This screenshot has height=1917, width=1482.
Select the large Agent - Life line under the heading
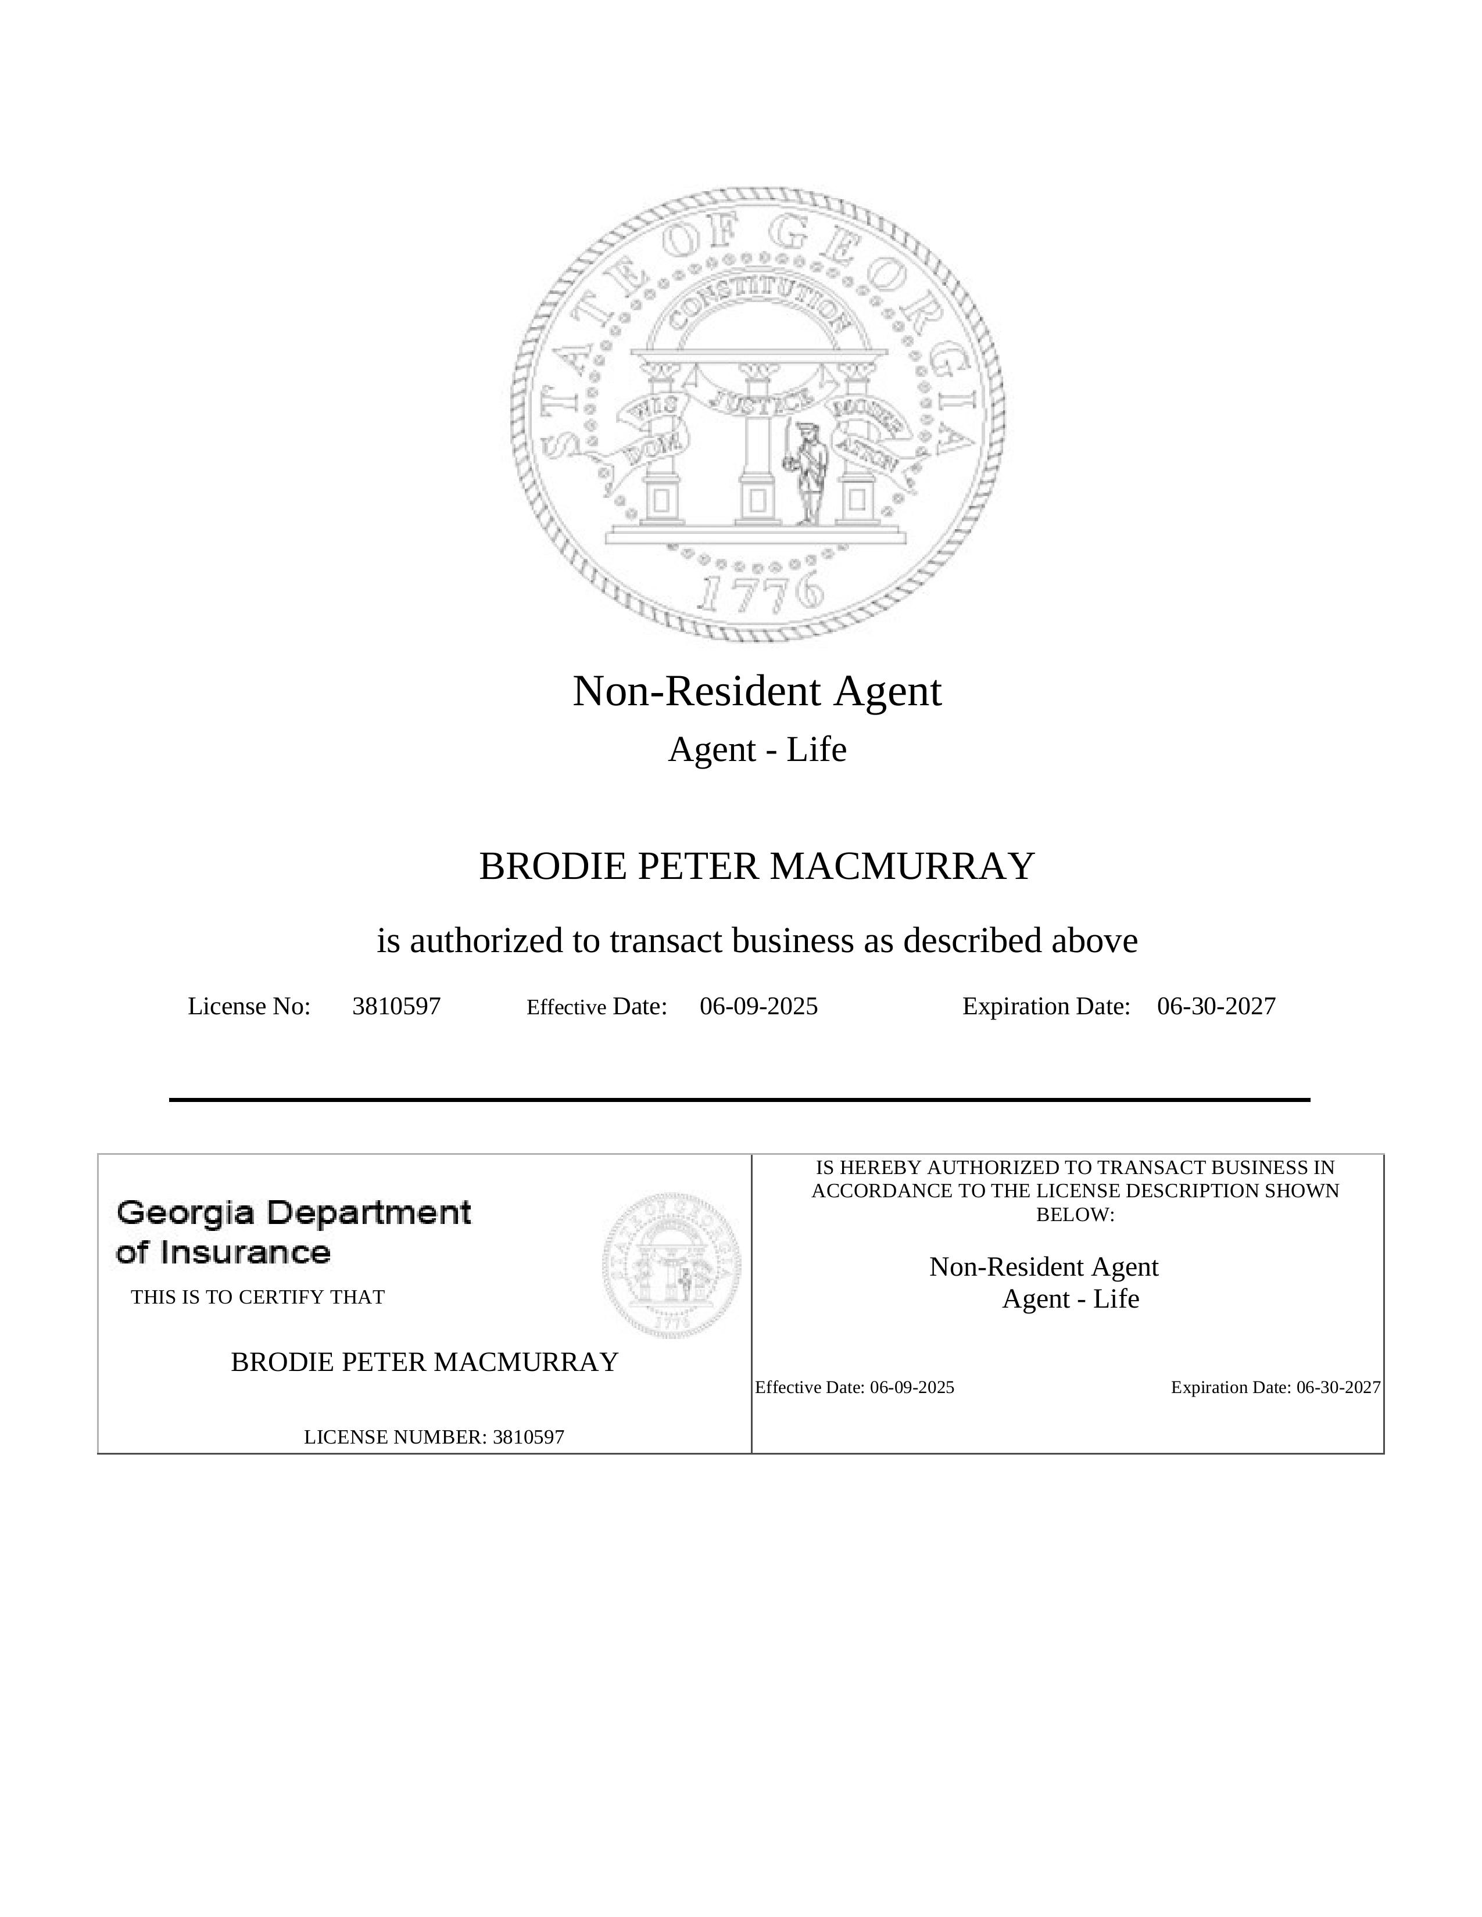757,749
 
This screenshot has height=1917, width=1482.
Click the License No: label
249,1006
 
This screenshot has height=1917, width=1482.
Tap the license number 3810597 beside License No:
396,1006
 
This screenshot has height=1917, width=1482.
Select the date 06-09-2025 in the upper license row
758,1006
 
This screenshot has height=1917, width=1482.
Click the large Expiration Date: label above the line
1046,1006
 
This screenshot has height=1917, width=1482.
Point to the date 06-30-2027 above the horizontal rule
1216,1006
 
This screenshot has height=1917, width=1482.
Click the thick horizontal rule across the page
739,1099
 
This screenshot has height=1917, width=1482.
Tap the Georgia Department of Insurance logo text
293,1232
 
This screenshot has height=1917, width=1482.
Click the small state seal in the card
672,1264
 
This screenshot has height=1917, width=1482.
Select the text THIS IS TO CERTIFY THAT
257,1297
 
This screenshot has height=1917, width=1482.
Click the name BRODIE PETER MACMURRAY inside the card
424,1362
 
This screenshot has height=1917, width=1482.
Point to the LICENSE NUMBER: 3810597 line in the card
434,1437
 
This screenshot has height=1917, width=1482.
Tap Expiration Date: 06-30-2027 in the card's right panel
1275,1388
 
